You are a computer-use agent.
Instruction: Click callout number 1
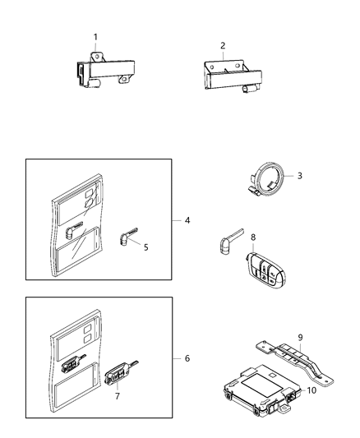coord(95,37)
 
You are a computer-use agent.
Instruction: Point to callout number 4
coord(187,220)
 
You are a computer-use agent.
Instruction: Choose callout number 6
coord(187,358)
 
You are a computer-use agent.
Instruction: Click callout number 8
coord(253,237)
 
